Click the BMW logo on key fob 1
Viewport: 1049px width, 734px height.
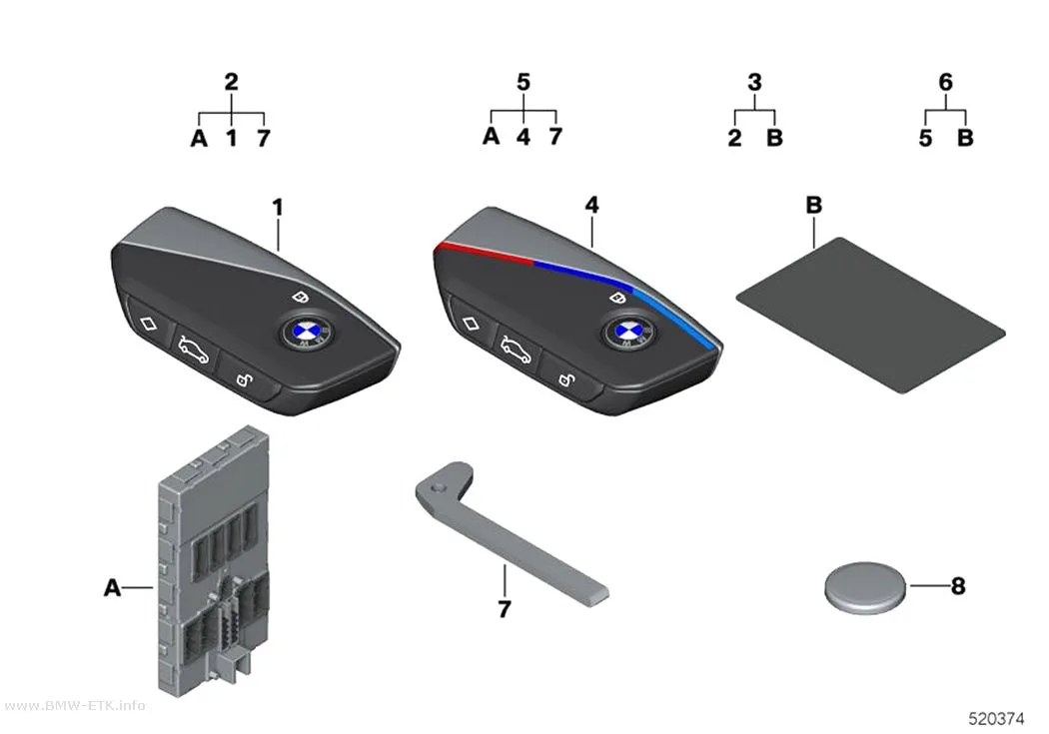(305, 333)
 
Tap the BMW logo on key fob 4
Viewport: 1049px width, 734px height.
(627, 333)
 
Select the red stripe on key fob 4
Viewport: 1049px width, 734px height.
(483, 253)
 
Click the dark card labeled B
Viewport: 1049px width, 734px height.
(871, 315)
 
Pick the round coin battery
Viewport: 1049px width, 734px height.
(865, 587)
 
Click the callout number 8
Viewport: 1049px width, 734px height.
(958, 586)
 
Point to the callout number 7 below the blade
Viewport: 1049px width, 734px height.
(505, 609)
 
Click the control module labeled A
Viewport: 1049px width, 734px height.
(213, 562)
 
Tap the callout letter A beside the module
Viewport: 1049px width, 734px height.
(112, 587)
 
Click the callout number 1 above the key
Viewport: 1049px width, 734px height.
(278, 208)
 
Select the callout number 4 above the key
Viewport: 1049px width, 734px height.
(592, 205)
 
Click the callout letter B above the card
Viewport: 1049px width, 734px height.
(813, 205)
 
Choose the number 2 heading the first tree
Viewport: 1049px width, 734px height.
(231, 82)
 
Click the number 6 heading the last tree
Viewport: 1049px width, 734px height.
(945, 82)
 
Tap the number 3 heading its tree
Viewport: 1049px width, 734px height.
(754, 82)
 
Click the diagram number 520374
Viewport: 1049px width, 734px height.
(996, 719)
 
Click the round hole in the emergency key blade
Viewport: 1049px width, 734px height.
(438, 488)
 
